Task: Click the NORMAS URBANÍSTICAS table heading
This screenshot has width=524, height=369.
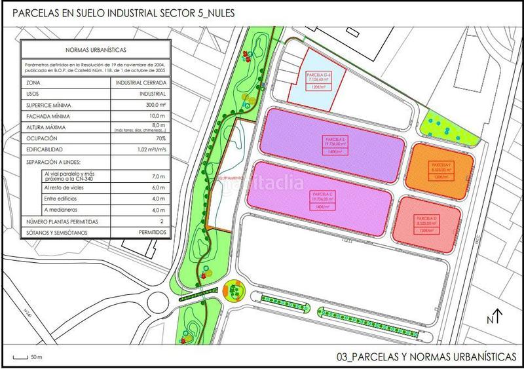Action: click(x=96, y=48)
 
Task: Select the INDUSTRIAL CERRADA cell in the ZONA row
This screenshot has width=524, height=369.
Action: click(x=140, y=83)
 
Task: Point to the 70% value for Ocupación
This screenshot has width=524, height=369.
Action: click(x=159, y=138)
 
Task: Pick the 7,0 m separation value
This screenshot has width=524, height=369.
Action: click(x=157, y=176)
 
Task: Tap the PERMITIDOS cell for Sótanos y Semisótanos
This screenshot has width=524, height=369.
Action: click(x=151, y=232)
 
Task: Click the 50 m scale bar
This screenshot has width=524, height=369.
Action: click(x=26, y=357)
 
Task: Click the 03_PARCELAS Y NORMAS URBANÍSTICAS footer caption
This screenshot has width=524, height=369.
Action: click(x=426, y=357)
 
